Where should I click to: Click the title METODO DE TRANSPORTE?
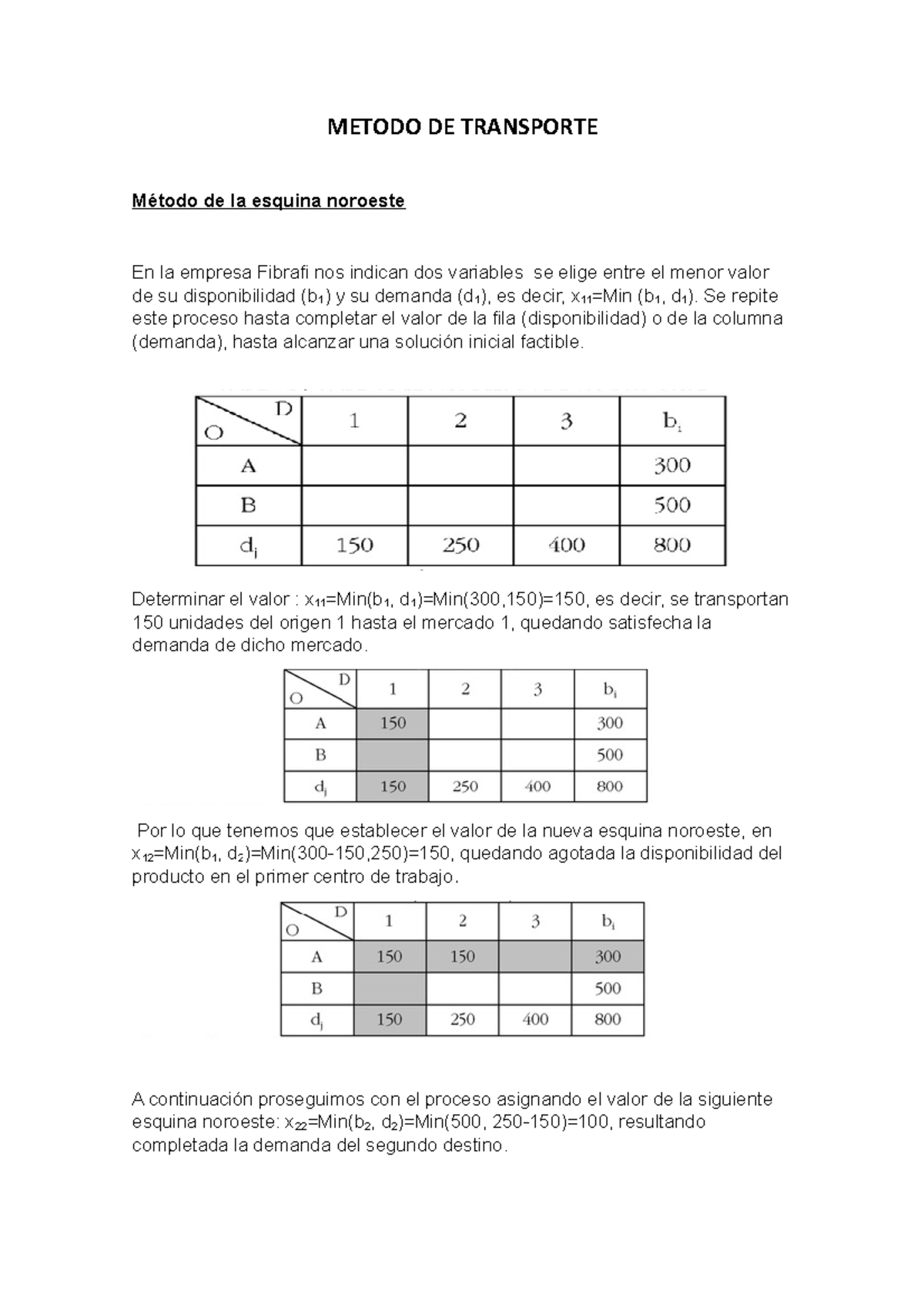[462, 127]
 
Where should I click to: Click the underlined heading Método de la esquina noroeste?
[268, 201]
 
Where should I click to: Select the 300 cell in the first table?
[672, 465]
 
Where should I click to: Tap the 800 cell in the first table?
[672, 545]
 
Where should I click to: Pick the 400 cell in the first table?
[567, 545]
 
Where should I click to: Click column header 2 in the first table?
[460, 421]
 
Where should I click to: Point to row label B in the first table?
[248, 505]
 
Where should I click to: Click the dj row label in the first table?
[248, 545]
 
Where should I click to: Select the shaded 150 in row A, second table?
[393, 723]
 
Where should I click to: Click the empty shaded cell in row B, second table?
[393, 755]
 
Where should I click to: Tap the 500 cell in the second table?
[610, 755]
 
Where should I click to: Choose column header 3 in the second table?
[537, 689]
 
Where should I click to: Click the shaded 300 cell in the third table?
[608, 957]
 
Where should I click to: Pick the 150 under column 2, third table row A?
[462, 957]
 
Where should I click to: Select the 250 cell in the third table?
[462, 1019]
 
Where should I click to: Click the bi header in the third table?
[608, 921]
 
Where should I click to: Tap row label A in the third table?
[316, 957]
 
